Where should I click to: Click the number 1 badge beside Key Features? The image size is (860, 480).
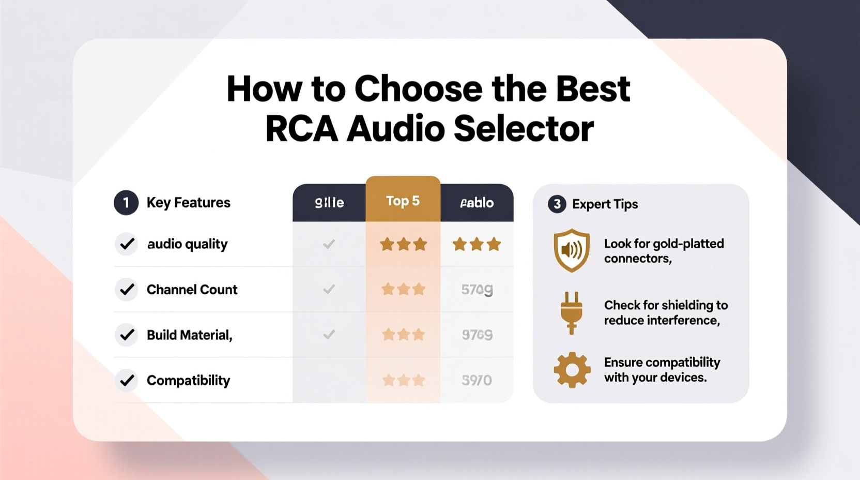tap(126, 202)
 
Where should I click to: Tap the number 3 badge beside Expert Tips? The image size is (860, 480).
tap(557, 204)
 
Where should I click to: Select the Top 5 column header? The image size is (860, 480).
tap(403, 201)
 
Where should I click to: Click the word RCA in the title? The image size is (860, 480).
tap(301, 129)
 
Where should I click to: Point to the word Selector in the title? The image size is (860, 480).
tap(524, 129)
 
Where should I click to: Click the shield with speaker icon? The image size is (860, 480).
tap(571, 250)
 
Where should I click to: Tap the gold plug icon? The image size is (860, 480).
tap(571, 312)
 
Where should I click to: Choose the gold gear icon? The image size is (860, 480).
tap(572, 370)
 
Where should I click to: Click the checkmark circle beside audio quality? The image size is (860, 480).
tap(127, 244)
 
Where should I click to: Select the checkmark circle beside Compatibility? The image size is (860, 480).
tap(127, 381)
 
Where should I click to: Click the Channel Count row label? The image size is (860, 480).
tap(192, 290)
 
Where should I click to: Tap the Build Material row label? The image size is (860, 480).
tap(189, 335)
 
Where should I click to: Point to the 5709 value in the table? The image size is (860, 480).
tap(477, 290)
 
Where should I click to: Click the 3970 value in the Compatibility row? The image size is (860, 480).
tap(477, 381)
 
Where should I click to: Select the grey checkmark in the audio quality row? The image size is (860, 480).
tap(329, 244)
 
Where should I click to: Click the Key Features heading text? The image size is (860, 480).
tap(188, 203)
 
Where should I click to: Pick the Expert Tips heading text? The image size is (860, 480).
tap(605, 204)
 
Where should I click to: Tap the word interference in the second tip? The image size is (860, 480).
tap(686, 321)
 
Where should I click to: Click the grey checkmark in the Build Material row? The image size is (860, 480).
tap(329, 335)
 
